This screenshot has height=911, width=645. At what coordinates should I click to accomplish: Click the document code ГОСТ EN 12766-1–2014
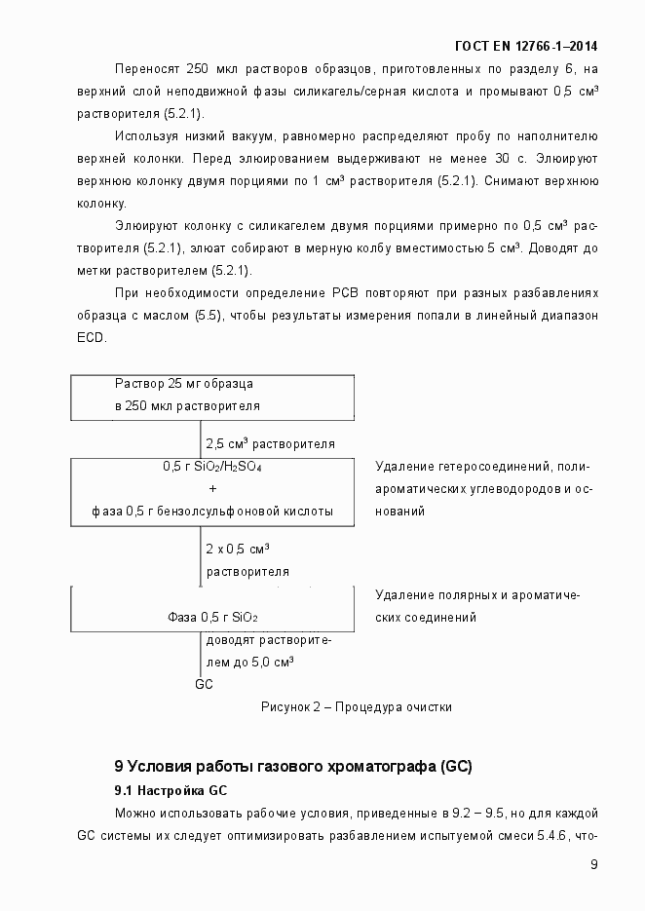[x=526, y=46]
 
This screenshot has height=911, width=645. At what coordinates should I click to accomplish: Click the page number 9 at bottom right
[x=593, y=865]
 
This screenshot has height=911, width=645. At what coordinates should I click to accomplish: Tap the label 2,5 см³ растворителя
[x=270, y=442]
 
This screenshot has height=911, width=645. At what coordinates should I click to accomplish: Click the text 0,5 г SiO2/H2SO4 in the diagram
[x=211, y=467]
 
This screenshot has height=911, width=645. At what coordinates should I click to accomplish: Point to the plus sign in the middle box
[x=212, y=488]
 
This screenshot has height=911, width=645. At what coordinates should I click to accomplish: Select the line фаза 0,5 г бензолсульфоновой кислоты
[x=212, y=511]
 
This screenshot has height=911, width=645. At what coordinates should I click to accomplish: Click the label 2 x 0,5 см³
[x=237, y=549]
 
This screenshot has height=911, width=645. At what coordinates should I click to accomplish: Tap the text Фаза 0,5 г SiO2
[x=212, y=617]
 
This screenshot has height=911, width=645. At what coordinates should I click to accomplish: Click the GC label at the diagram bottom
[x=204, y=684]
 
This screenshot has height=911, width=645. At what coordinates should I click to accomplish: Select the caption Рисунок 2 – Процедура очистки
[x=356, y=707]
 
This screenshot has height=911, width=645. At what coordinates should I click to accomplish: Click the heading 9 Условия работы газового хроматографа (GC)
[x=293, y=766]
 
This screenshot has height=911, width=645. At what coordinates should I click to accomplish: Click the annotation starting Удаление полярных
[x=477, y=594]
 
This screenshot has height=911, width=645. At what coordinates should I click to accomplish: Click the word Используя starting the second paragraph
[x=147, y=135]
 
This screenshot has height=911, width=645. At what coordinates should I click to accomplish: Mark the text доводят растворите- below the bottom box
[x=268, y=639]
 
